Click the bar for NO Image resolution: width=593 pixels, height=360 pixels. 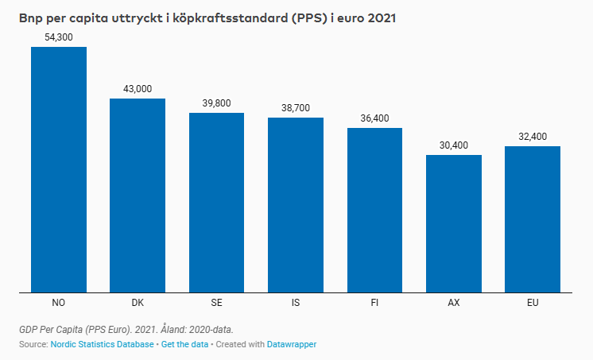[x=58, y=169]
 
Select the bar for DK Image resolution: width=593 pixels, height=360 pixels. [x=138, y=195]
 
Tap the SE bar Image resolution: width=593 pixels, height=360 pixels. [x=216, y=203]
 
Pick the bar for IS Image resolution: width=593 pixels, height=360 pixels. [x=296, y=205]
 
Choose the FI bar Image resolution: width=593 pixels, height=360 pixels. [x=374, y=210]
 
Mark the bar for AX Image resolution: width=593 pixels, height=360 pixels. [x=454, y=223]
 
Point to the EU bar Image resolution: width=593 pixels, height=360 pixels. [x=533, y=219]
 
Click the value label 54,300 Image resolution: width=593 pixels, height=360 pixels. [x=59, y=37]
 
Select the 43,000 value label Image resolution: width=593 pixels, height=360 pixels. [x=138, y=89]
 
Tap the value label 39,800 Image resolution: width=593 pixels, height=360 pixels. [x=216, y=103]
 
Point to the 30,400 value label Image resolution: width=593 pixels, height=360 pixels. [x=454, y=145]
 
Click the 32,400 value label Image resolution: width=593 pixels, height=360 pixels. [x=533, y=137]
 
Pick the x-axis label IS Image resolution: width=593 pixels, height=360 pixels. [x=296, y=303]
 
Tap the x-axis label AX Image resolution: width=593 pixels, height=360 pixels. [x=454, y=303]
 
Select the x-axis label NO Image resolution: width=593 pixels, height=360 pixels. [x=58, y=303]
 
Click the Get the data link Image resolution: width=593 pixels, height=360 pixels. [x=184, y=344]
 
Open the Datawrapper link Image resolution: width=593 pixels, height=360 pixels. [x=292, y=344]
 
